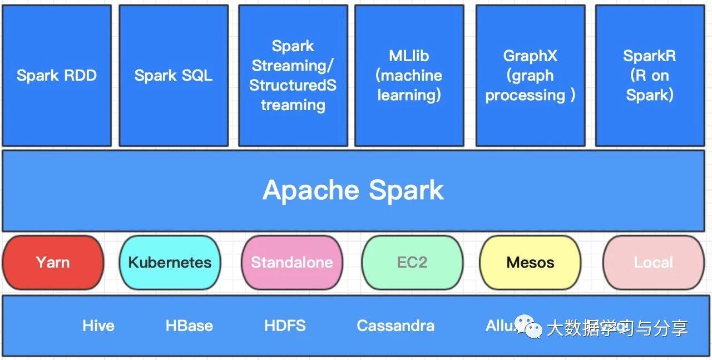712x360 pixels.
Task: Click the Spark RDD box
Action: click(57, 76)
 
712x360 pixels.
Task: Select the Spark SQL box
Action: click(174, 76)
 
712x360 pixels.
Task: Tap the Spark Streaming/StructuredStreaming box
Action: click(293, 76)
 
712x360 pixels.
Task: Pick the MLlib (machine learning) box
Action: click(409, 76)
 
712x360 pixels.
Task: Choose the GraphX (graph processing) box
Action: click(530, 76)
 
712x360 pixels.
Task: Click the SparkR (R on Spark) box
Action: click(649, 76)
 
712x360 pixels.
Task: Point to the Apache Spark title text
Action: click(353, 190)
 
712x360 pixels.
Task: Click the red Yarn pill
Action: click(53, 262)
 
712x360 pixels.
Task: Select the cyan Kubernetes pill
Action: click(170, 262)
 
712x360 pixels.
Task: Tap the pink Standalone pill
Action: click(291, 262)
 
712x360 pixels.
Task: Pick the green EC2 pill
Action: click(412, 262)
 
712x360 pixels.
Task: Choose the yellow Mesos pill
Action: click(530, 262)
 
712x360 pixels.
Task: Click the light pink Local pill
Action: click(653, 262)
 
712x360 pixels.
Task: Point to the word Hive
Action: click(98, 326)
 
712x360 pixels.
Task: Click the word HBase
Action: click(189, 326)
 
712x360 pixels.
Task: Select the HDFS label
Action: click(285, 326)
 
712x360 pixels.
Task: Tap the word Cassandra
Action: click(395, 326)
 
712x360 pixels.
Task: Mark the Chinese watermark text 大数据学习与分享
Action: click(617, 328)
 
